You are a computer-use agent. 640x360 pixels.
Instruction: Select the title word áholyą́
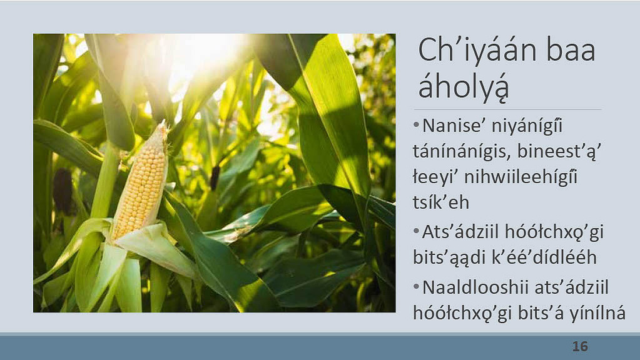[x=464, y=88]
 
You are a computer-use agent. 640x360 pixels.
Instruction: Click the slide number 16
[x=580, y=346]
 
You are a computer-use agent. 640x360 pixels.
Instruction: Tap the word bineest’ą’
[x=559, y=152]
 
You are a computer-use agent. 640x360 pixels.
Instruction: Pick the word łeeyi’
[x=434, y=178]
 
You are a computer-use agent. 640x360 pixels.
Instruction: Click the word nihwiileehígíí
[x=521, y=178]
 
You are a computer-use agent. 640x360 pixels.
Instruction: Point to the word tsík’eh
[x=441, y=202]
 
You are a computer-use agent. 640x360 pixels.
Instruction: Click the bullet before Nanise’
[x=416, y=125]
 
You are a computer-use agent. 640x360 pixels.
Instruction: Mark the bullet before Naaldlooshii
[x=416, y=287]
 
